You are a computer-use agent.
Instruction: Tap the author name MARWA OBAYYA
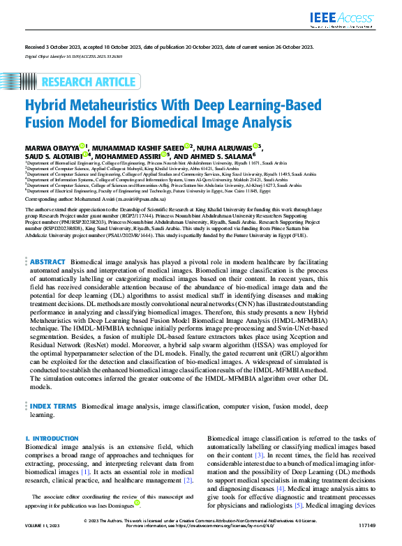click(51, 148)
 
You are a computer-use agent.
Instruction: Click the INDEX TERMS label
click(54, 405)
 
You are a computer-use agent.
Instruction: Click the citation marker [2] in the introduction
click(188, 480)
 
